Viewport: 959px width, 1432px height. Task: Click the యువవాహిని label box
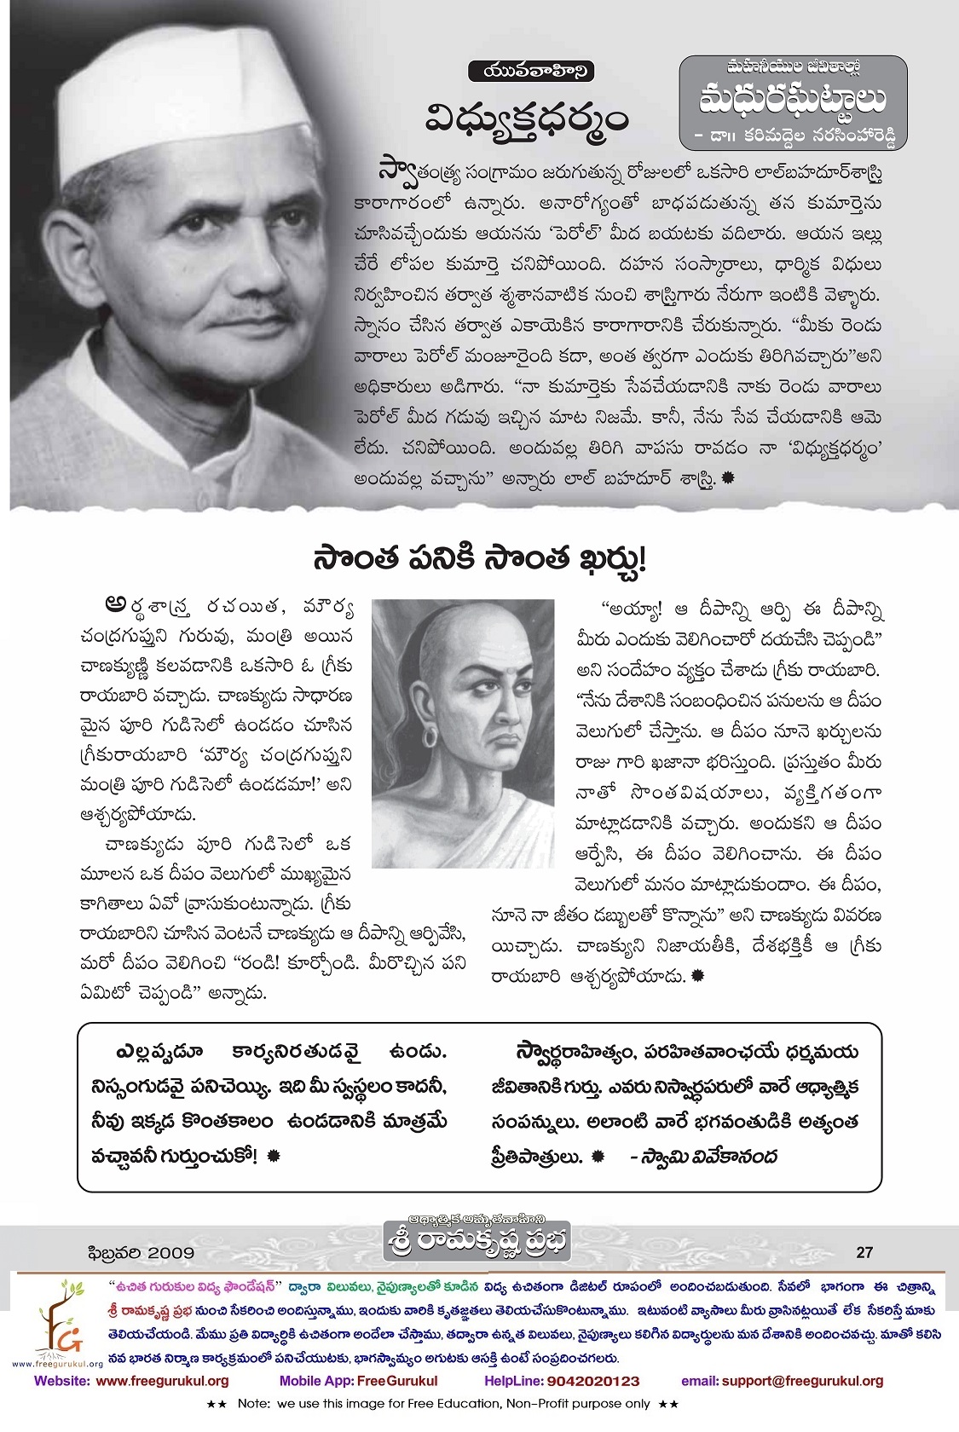[531, 72]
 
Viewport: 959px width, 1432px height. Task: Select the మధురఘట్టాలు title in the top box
[793, 100]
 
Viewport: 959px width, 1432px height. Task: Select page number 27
[864, 1252]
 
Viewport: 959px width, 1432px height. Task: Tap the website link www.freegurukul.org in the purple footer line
[162, 1381]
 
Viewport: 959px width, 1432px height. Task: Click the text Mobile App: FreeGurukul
[358, 1381]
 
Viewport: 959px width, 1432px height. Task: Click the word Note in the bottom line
[253, 1403]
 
